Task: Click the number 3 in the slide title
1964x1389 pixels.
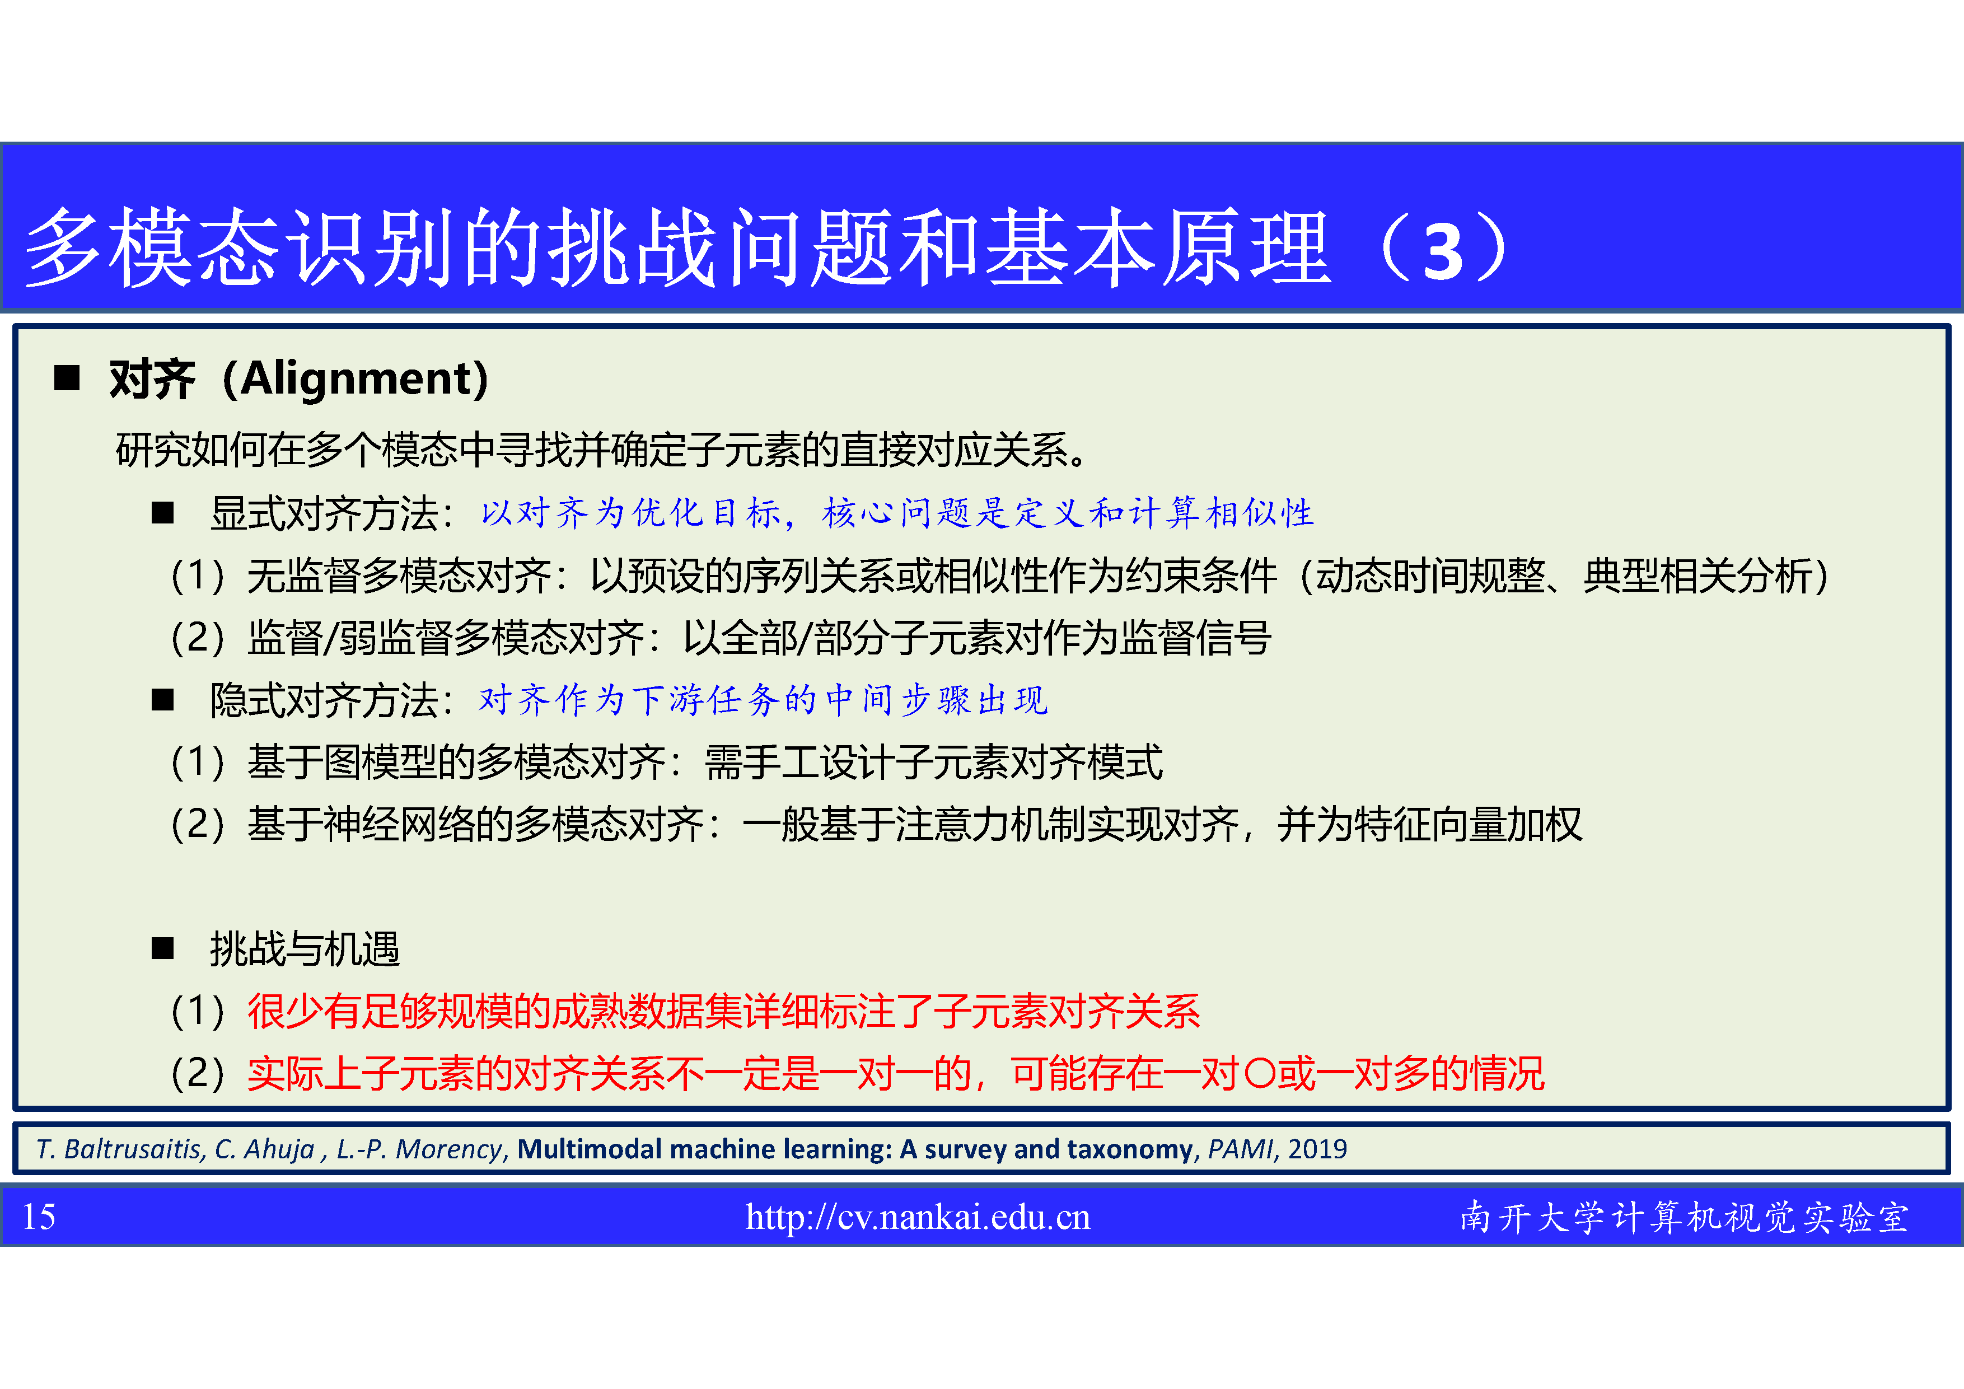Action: click(x=1444, y=252)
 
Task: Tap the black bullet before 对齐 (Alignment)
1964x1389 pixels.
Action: click(x=67, y=377)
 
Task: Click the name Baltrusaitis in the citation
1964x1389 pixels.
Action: click(x=134, y=1149)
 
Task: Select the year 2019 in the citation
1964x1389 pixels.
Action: click(x=1317, y=1149)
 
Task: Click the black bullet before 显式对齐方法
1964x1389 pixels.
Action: click(x=162, y=513)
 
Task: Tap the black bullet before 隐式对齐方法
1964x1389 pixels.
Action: click(x=162, y=700)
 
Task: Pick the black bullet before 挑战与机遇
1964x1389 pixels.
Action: click(x=162, y=948)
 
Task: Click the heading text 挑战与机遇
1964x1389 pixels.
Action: click(x=305, y=948)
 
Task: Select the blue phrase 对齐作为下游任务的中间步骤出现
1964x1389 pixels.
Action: click(x=764, y=700)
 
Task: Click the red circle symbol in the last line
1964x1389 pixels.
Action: click(x=1261, y=1073)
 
